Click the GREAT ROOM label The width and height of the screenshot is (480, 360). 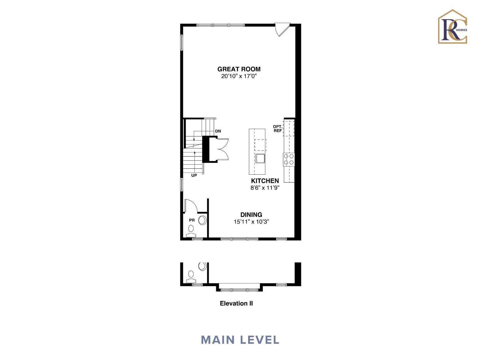pos(239,69)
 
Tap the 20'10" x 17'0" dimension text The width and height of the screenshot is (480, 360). pos(239,76)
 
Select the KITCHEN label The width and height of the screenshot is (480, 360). pos(265,181)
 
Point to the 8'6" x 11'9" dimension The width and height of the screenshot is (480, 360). pos(265,188)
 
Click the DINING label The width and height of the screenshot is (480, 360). pos(251,215)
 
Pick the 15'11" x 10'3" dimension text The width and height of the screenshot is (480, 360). pos(251,222)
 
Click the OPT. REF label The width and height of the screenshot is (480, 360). pos(277,128)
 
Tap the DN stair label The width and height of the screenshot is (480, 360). pos(218,131)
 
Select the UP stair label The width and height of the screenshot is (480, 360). pos(194,175)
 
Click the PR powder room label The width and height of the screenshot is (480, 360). pos(192,220)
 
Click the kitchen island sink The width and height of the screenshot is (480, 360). pos(260,158)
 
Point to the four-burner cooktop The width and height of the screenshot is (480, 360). pos(289,160)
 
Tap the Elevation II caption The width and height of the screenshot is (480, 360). pos(236,303)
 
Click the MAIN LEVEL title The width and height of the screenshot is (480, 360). pos(240,340)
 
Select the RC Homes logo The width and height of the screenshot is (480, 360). pos(452,27)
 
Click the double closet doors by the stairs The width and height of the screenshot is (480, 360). pos(222,149)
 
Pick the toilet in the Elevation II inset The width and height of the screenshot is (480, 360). pos(191,277)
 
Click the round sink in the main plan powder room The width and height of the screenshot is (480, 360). pos(202,220)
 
